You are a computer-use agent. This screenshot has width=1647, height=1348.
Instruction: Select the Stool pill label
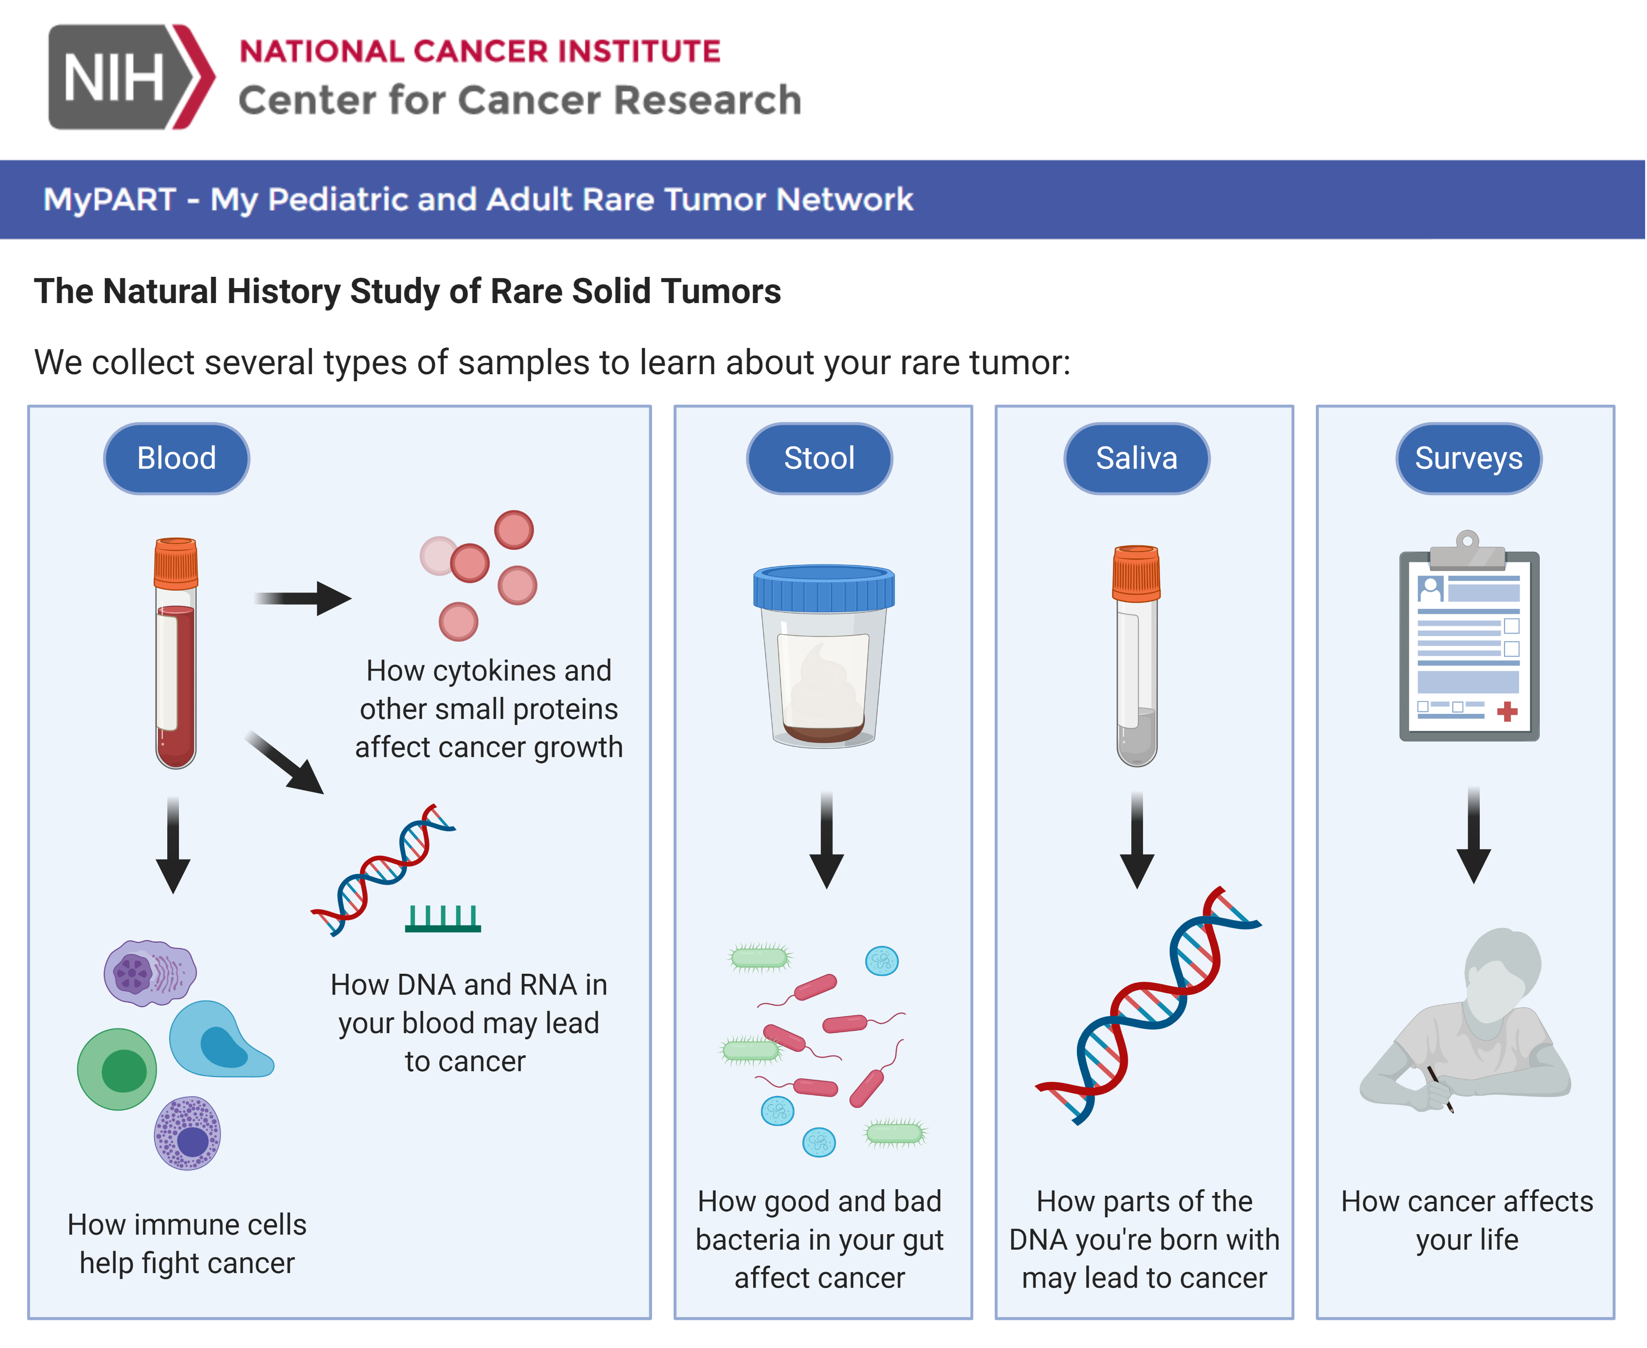point(819,458)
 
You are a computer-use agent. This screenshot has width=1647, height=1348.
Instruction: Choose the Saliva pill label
point(1136,458)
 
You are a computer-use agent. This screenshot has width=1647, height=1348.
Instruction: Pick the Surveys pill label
point(1469,458)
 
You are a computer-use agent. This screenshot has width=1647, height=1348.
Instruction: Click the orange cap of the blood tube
point(176,563)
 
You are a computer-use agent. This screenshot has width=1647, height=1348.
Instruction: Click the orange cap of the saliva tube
point(1136,573)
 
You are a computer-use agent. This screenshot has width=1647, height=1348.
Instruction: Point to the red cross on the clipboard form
point(1507,711)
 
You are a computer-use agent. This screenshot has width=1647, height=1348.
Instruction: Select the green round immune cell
point(117,1069)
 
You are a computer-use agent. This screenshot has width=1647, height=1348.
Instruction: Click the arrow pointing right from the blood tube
point(303,598)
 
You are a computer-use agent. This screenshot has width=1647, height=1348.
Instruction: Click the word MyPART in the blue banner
point(110,200)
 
